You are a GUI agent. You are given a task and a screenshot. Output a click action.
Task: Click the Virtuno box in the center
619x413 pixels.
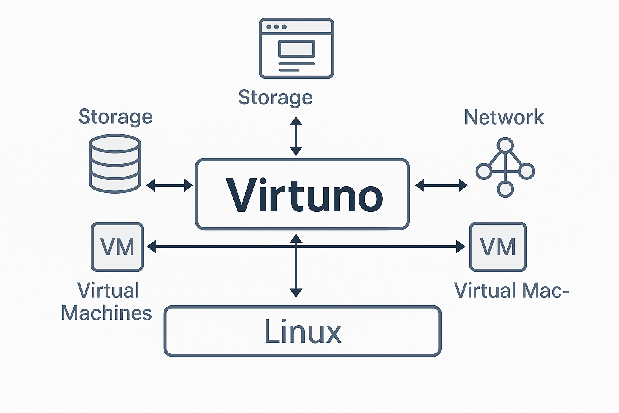pos(302,194)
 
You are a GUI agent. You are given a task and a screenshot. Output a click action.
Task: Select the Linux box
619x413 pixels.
pos(302,331)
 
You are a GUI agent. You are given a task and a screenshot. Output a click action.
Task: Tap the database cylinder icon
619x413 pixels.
pos(115,163)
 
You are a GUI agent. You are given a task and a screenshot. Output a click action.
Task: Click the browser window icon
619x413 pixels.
pos(296,48)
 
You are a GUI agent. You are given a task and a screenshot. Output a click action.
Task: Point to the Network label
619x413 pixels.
pos(504,117)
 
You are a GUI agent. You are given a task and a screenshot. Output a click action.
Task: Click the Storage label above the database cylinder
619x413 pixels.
pos(115,117)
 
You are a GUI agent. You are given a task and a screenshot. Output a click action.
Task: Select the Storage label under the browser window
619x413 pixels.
pos(275,98)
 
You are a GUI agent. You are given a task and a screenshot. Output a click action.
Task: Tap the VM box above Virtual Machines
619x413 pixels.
pos(117,247)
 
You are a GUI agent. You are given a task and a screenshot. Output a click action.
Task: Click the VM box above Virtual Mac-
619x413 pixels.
pos(498,247)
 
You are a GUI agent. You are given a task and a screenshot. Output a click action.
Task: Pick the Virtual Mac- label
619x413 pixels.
pos(511,290)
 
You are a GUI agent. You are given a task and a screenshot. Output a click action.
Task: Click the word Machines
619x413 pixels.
pos(106,313)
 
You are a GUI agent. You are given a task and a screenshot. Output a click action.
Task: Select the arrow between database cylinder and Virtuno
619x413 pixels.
pos(169,185)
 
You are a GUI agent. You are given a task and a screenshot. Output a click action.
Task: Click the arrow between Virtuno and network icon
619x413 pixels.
pos(441,185)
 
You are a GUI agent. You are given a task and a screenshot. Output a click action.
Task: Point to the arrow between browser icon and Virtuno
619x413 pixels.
pos(296,136)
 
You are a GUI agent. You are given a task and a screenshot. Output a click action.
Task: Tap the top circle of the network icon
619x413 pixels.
pos(505,145)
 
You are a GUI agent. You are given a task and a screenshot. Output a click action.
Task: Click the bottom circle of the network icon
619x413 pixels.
pos(505,189)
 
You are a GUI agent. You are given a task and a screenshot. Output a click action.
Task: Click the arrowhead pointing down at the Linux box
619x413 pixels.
pos(296,292)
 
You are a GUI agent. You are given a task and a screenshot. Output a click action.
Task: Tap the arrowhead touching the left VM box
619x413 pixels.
pos(152,246)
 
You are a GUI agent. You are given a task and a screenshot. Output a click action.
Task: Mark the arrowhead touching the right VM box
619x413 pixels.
pos(461,246)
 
